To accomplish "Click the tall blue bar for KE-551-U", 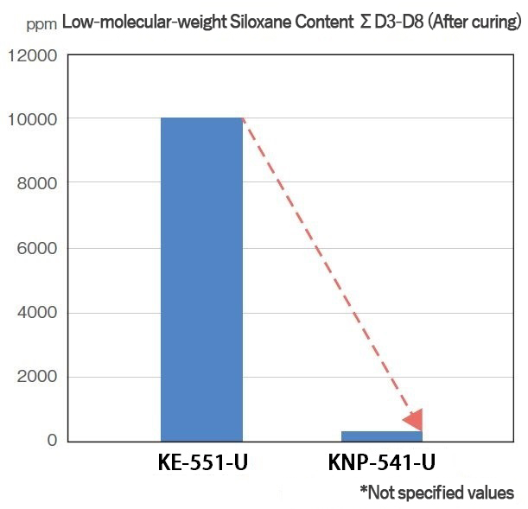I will [201, 278].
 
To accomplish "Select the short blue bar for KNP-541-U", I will [381, 436].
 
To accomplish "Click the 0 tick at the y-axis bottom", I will [51, 441].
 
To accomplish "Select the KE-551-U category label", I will [203, 463].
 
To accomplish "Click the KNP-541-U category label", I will [381, 463].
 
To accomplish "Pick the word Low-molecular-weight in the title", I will [138, 22].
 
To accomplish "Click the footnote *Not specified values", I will [437, 493].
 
